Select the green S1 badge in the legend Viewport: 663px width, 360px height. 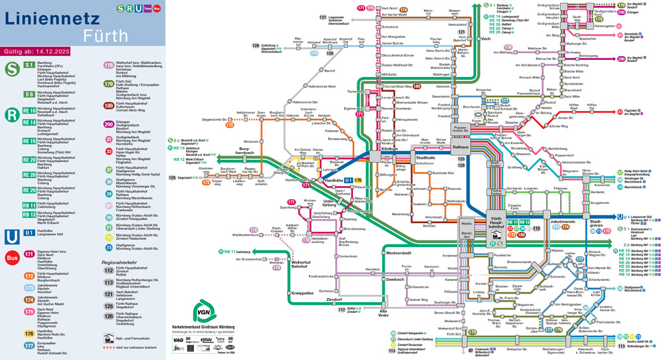[29, 64]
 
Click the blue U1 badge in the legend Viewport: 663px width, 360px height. [29, 232]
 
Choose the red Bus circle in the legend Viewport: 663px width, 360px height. [11, 258]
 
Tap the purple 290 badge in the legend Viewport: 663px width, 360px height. [109, 124]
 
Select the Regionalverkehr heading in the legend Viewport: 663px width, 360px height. [120, 262]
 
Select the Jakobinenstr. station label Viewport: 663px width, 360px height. [562, 221]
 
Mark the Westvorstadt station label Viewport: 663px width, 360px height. [399, 253]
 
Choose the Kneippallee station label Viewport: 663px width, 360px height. [302, 292]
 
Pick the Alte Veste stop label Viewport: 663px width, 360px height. [383, 312]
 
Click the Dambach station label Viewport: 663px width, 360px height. [395, 280]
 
